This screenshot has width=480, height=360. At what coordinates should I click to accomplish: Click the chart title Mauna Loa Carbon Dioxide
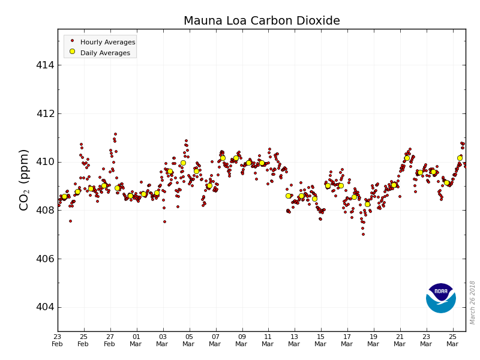pyautogui.click(x=262, y=21)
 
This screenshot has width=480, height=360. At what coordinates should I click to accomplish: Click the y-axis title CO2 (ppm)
pyautogui.click(x=25, y=179)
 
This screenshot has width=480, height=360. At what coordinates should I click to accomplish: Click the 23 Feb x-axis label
pyautogui.click(x=58, y=340)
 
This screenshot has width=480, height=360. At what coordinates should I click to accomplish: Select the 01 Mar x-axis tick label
pyautogui.click(x=136, y=340)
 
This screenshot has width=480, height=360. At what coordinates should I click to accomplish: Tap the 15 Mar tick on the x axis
pyautogui.click(x=320, y=340)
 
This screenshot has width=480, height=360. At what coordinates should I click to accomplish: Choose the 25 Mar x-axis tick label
pyautogui.click(x=452, y=340)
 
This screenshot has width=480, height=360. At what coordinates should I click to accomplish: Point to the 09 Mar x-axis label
pyautogui.click(x=242, y=340)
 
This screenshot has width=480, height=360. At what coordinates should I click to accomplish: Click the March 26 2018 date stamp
pyautogui.click(x=473, y=302)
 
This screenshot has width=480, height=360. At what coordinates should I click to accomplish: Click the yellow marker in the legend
pyautogui.click(x=72, y=52)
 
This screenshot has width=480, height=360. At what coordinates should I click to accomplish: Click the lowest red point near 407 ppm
pyautogui.click(x=363, y=234)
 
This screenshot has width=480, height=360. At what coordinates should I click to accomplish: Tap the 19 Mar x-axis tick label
pyautogui.click(x=373, y=340)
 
